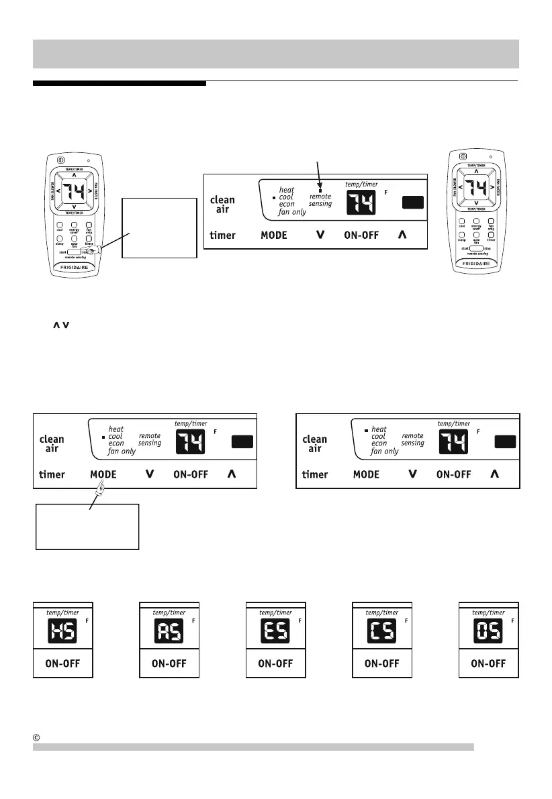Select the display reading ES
(x=272, y=630)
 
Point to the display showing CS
(x=378, y=630)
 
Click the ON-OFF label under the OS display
(x=487, y=663)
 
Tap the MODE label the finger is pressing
(x=103, y=474)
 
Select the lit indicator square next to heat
(x=366, y=429)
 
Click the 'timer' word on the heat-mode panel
(x=314, y=474)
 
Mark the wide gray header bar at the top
(x=276, y=54)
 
